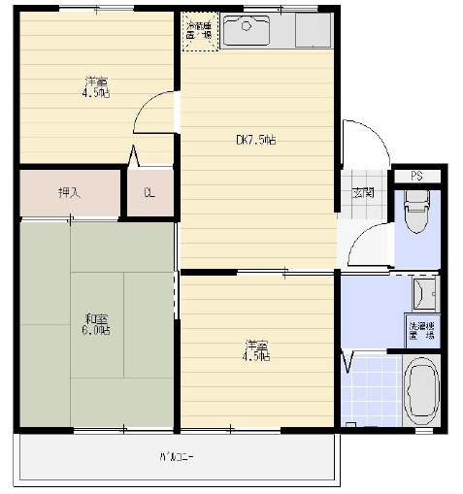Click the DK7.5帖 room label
(256, 140)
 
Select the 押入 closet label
(69, 192)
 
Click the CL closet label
(149, 192)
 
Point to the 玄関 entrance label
(362, 192)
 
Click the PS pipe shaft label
(415, 176)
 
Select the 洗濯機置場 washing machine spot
(421, 330)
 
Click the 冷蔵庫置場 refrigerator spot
(199, 30)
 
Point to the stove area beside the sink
(314, 31)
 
